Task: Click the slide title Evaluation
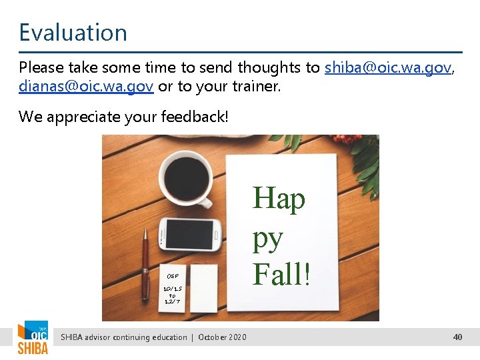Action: [73, 33]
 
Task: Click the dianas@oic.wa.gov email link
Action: [86, 87]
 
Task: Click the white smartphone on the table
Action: [189, 233]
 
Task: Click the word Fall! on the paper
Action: [281, 274]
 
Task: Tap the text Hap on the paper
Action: [279, 199]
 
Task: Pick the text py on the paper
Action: [267, 239]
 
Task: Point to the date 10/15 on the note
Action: [172, 288]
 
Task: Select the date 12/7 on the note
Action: [172, 301]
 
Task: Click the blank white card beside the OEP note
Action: [205, 288]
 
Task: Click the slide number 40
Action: [457, 337]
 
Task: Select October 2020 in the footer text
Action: [222, 337]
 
